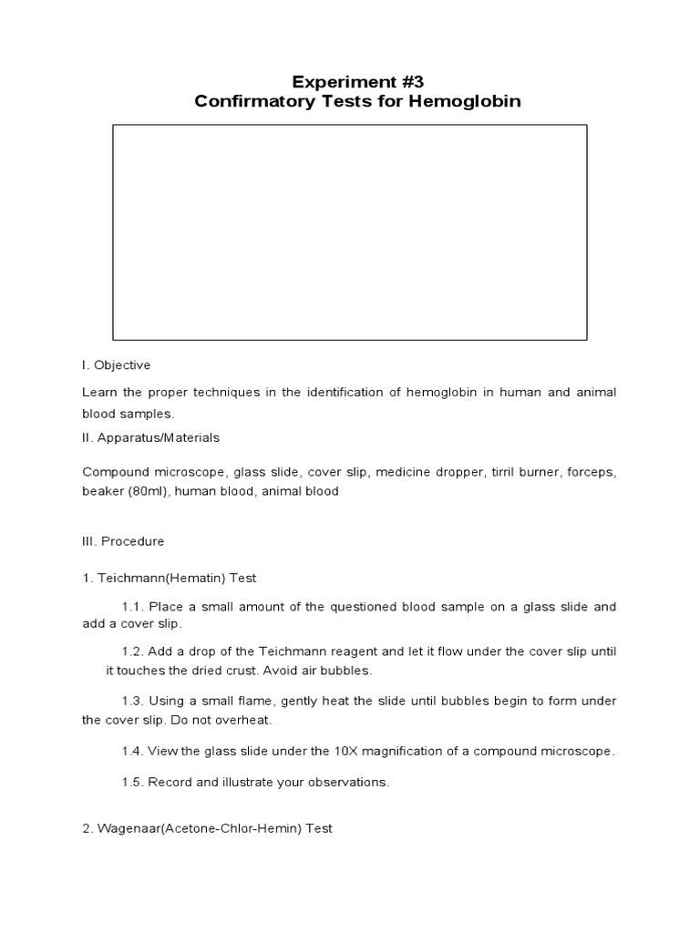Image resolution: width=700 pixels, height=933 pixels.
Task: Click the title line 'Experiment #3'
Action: [350, 80]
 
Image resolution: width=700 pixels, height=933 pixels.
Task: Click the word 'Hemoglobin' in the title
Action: [466, 101]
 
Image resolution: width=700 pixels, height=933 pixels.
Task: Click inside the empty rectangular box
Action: [350, 232]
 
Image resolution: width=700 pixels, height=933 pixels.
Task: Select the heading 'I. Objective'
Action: [116, 365]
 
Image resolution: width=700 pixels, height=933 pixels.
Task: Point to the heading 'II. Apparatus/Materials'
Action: [150, 437]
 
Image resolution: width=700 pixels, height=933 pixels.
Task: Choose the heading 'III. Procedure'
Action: [123, 541]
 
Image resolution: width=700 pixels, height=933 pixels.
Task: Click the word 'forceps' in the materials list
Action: [592, 472]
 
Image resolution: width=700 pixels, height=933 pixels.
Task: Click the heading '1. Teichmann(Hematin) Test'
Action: [170, 578]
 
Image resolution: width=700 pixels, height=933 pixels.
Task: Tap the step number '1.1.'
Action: [133, 607]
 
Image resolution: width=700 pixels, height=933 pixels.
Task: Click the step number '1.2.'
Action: [133, 652]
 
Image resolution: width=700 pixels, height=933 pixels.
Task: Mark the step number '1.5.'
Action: [133, 783]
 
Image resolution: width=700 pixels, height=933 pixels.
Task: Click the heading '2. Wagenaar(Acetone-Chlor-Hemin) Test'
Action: [207, 828]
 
